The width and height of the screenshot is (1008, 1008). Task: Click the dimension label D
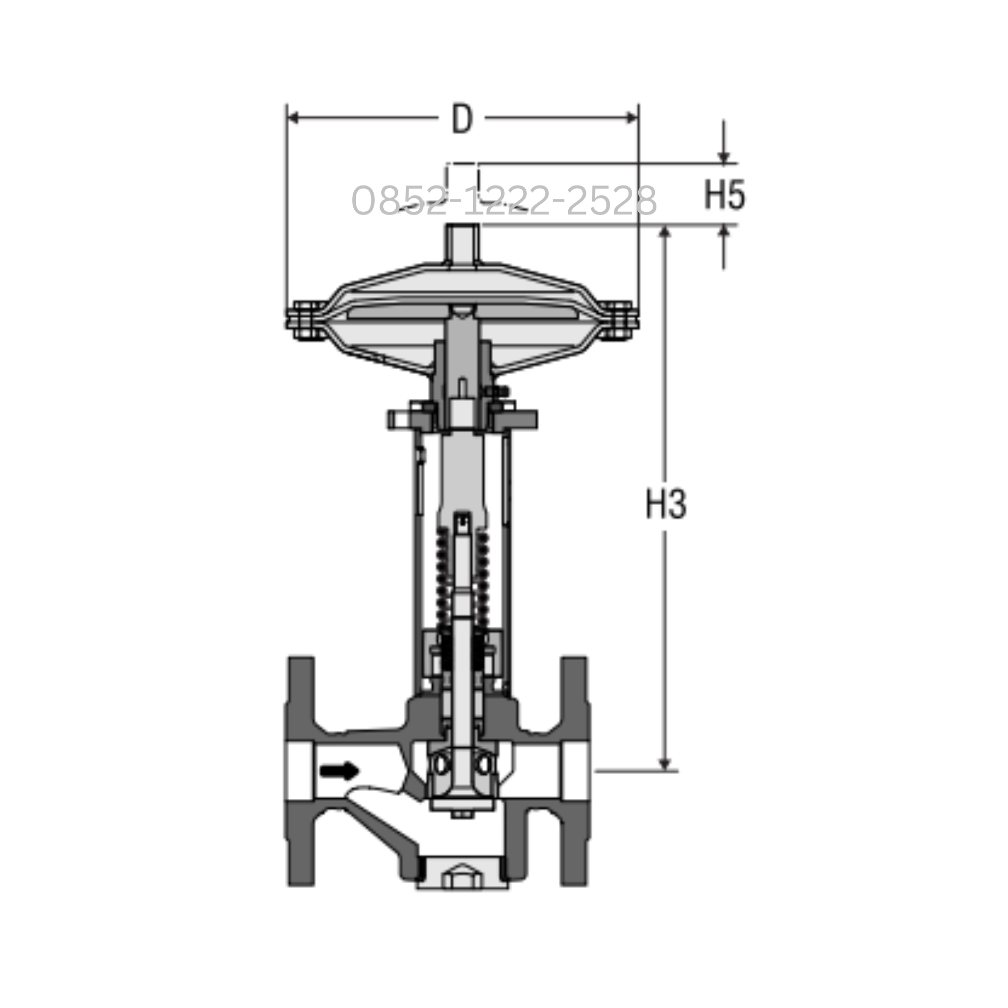[x=461, y=119]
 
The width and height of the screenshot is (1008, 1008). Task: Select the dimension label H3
[x=666, y=504]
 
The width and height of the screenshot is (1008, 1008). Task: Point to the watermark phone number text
[x=504, y=201]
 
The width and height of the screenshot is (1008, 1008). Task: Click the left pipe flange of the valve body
[x=301, y=774]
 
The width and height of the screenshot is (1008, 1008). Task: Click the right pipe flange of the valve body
[x=574, y=774]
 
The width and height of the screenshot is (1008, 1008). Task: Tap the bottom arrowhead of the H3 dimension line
[x=665, y=764]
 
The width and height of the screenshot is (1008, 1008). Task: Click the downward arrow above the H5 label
[x=724, y=156]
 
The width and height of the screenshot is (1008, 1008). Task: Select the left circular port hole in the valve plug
[x=441, y=763]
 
